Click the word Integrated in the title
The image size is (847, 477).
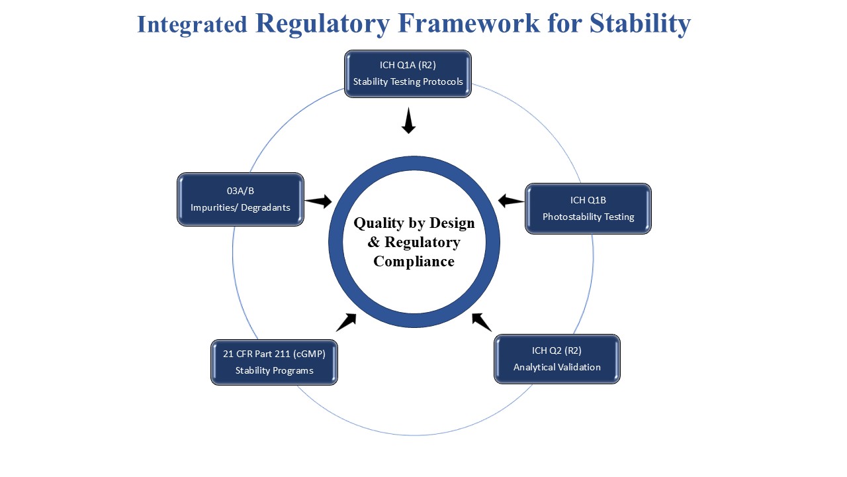(x=192, y=25)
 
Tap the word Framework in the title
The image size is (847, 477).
(x=469, y=23)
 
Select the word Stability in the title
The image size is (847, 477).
(x=640, y=23)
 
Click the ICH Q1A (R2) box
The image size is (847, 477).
(x=408, y=74)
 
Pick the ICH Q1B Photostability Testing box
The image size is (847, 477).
(x=588, y=208)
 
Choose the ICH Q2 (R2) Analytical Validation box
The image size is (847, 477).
(x=557, y=358)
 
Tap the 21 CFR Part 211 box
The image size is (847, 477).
(x=274, y=362)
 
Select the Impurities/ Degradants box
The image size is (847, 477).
(x=240, y=199)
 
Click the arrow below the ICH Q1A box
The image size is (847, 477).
(x=408, y=121)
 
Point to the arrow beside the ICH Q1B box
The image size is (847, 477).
(x=511, y=201)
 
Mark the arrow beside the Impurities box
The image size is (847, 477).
(x=319, y=201)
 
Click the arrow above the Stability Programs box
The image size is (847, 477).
(x=347, y=322)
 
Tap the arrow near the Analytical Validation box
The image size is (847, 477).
(x=481, y=322)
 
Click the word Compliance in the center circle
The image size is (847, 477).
(x=414, y=261)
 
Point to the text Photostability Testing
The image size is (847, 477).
(x=588, y=217)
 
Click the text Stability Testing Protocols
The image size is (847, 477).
(x=408, y=82)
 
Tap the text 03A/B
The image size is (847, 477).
(x=240, y=191)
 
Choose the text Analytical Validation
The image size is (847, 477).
(x=557, y=367)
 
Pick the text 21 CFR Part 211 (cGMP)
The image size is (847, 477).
(x=274, y=354)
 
